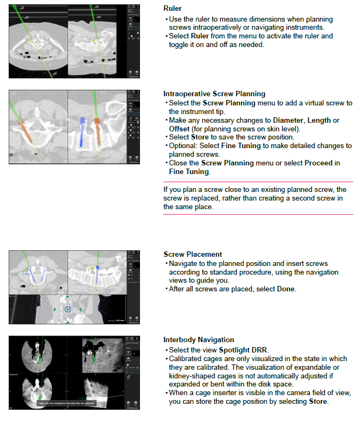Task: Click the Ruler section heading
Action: click(172, 9)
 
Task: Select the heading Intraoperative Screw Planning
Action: click(214, 94)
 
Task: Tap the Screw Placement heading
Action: click(192, 254)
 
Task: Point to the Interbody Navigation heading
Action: click(198, 339)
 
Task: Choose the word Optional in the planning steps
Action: click(183, 145)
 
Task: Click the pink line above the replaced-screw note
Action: click(258, 182)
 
